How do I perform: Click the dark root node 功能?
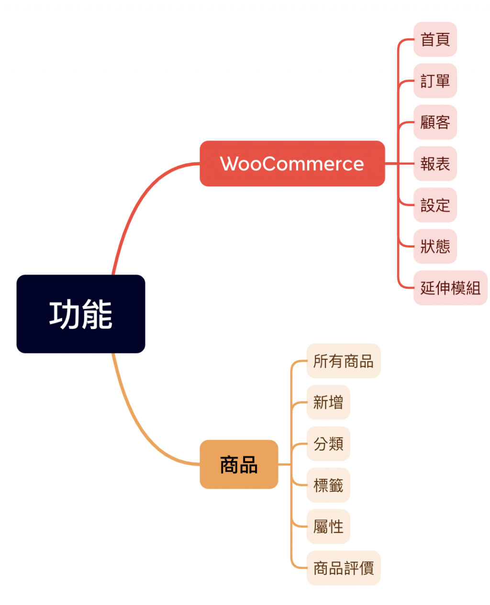click(81, 314)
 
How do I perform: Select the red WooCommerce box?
click(292, 164)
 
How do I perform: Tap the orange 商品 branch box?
click(239, 464)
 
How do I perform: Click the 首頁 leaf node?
click(435, 39)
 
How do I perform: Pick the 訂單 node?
click(435, 81)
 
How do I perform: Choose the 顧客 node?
click(435, 122)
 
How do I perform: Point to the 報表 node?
click(435, 164)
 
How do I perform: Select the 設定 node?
click(435, 205)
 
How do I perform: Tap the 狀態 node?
click(435, 246)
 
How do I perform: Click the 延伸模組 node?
click(450, 288)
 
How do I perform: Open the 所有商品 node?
click(343, 361)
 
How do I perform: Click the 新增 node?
click(328, 402)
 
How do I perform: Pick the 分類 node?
click(328, 444)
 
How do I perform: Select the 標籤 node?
click(328, 485)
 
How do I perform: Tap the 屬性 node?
click(328, 527)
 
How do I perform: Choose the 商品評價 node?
click(343, 568)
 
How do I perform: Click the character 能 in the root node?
click(97, 315)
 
